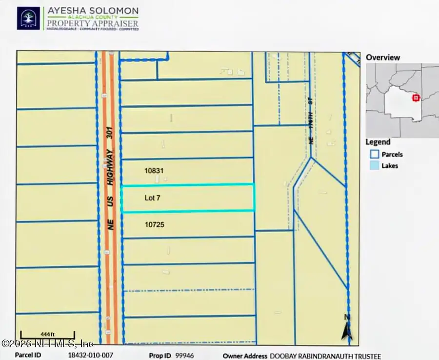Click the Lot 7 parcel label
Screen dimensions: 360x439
[x=152, y=198]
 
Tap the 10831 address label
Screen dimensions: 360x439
[x=154, y=171]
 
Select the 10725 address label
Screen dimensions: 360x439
[x=154, y=225]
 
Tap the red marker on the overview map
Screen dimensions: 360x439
[x=416, y=98]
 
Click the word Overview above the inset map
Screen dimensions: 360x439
[x=383, y=57]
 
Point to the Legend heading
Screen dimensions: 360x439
[x=378, y=142]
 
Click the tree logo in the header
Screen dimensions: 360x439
[x=28, y=18]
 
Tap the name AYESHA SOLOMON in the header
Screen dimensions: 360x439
[x=93, y=10]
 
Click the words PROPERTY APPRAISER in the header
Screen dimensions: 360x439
[x=93, y=22]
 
